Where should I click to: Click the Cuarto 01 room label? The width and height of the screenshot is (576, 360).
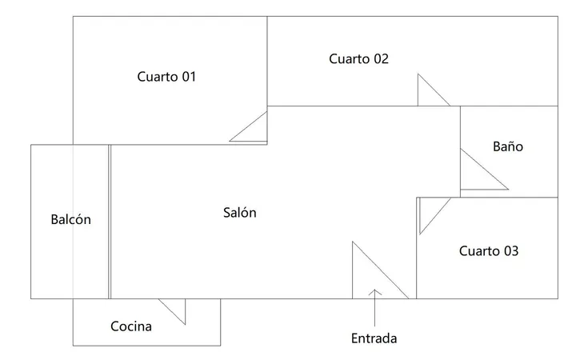pyautogui.click(x=166, y=77)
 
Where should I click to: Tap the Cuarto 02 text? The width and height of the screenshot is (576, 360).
pyautogui.click(x=358, y=58)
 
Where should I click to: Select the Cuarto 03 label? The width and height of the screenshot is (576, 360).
pyautogui.click(x=489, y=251)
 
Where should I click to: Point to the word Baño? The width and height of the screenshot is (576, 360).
pyautogui.click(x=508, y=146)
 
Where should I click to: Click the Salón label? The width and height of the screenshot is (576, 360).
pyautogui.click(x=239, y=212)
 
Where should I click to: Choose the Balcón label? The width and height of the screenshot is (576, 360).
pyautogui.click(x=70, y=219)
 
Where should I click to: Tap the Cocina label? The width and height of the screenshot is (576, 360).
pyautogui.click(x=130, y=326)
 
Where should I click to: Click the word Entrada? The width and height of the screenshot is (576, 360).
pyautogui.click(x=374, y=338)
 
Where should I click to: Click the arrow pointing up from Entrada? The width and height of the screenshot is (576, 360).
pyautogui.click(x=374, y=308)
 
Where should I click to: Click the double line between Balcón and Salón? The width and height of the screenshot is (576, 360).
pyautogui.click(x=110, y=222)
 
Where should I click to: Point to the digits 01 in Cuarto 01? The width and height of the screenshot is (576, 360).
pyautogui.click(x=189, y=77)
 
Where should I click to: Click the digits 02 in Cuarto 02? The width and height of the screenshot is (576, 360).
pyautogui.click(x=381, y=58)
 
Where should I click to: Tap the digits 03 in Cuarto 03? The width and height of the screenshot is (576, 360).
pyautogui.click(x=511, y=251)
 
